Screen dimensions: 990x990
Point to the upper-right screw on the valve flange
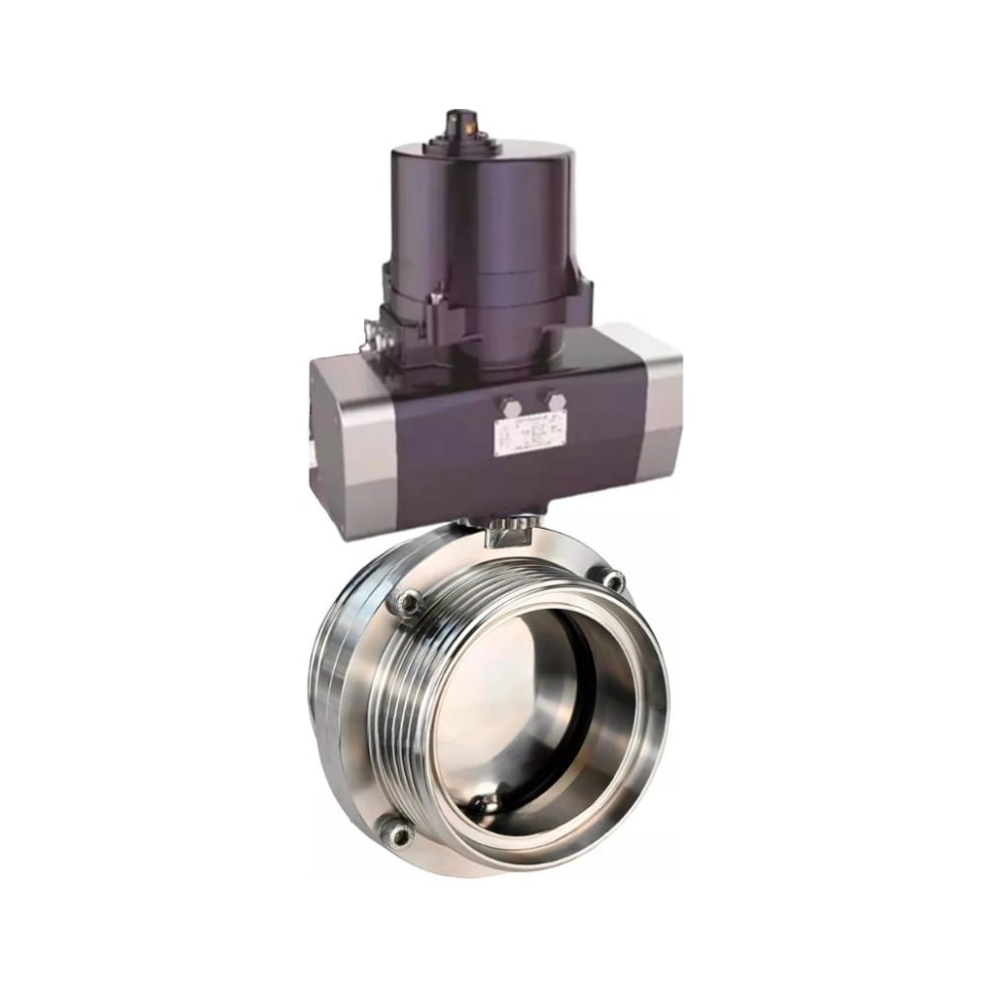615,580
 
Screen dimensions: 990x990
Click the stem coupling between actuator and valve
512,535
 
